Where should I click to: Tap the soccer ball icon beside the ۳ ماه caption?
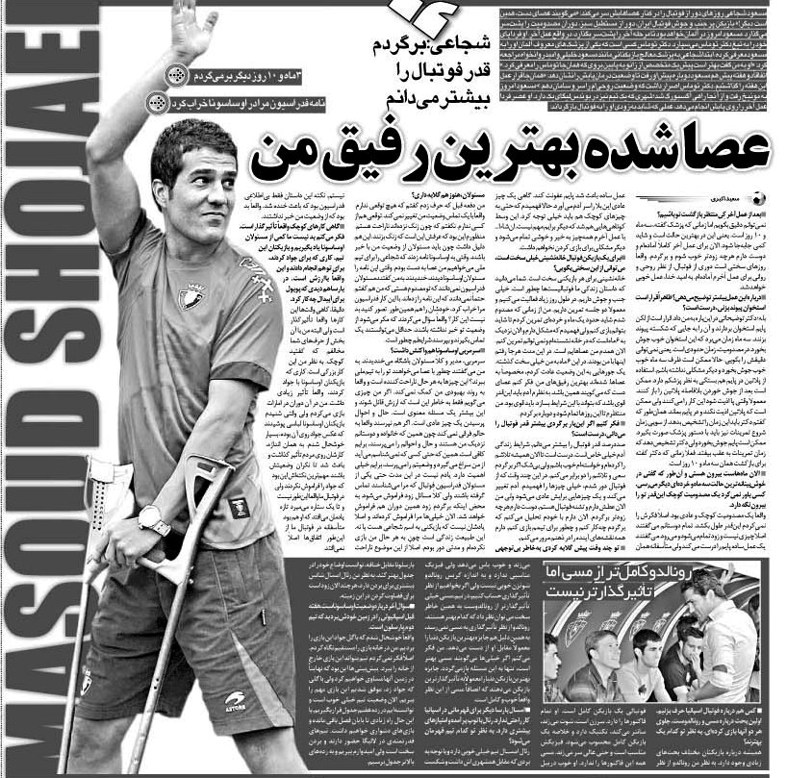pos(174,75)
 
